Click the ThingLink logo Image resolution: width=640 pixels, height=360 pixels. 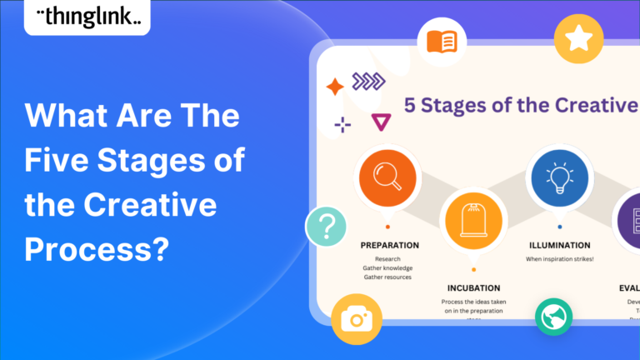tap(87, 16)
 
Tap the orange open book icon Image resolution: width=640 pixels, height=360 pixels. tap(442, 41)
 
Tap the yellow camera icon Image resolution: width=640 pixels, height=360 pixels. tap(356, 319)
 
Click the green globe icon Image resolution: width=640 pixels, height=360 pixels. tap(553, 317)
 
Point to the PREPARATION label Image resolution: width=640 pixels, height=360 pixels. tap(390, 245)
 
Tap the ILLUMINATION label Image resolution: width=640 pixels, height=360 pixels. tap(560, 245)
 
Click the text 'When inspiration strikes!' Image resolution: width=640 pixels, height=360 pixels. tap(560, 260)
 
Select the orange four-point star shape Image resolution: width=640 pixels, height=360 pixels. tap(335, 87)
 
